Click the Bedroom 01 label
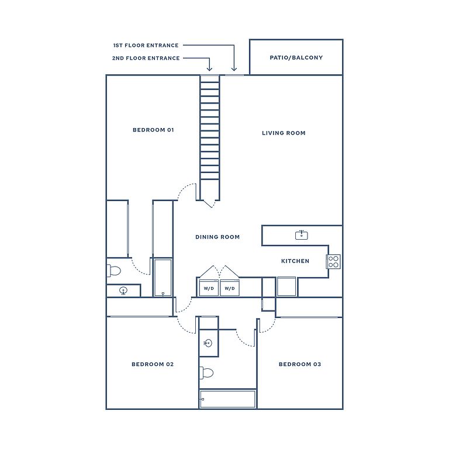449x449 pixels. [x=153, y=130]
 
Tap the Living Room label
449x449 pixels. [x=284, y=133]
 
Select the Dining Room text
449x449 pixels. [x=217, y=237]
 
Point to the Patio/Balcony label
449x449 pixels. [x=296, y=57]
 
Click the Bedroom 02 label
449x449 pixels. [x=153, y=364]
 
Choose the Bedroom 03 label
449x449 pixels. [x=300, y=364]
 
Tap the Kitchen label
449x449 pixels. [x=295, y=261]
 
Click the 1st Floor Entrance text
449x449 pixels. [x=146, y=45]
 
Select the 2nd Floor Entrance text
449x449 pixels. [x=146, y=58]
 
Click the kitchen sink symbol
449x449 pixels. [x=302, y=235]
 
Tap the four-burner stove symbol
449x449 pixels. [x=334, y=261]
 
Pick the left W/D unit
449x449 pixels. [x=209, y=288]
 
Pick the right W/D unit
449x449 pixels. [x=230, y=288]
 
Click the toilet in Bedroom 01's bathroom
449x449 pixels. [x=114, y=271]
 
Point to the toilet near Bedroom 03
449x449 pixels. [x=206, y=373]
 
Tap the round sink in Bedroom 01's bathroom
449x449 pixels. [x=123, y=291]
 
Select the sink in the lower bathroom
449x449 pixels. [x=208, y=343]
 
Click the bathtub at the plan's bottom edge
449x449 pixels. [x=227, y=399]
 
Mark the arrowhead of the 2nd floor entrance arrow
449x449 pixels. [x=209, y=70]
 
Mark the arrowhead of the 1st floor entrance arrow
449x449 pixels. [x=234, y=70]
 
